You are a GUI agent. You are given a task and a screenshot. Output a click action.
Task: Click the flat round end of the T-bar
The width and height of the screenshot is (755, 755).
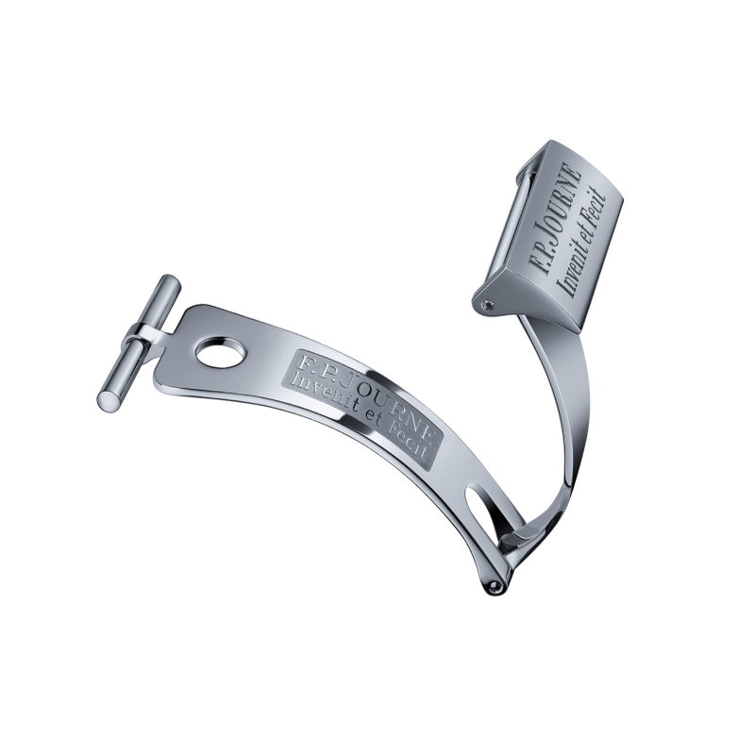coord(107,398)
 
